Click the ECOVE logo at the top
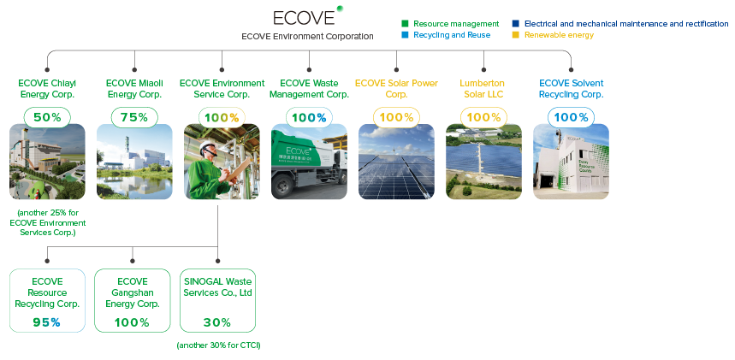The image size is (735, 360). tap(304, 18)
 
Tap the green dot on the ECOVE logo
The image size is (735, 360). tap(341, 9)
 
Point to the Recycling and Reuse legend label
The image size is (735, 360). tap(447, 36)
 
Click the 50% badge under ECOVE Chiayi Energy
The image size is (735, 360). tap(47, 117)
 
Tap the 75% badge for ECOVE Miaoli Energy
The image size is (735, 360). tap(134, 117)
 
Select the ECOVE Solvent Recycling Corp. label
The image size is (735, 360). tap(571, 89)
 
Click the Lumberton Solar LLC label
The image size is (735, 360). tap(483, 89)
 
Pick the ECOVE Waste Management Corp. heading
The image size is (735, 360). tap(309, 89)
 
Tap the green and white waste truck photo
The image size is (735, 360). tap(309, 162)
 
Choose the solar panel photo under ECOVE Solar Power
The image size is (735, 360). tap(396, 162)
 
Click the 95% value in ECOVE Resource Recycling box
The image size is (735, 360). tap(47, 322)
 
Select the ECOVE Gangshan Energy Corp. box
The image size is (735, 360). tap(133, 300)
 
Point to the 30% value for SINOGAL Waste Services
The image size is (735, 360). tap(217, 322)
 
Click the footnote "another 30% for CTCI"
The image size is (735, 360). tap(217, 345)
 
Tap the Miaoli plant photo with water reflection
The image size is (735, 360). tap(134, 162)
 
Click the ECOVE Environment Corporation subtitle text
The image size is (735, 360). tap(307, 37)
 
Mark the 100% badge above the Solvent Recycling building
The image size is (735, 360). tap(571, 117)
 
